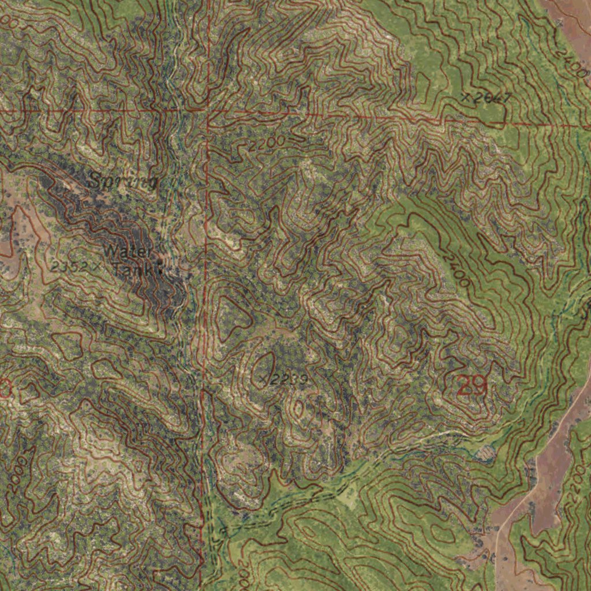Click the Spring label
(x=122, y=181)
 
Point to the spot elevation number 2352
(x=68, y=267)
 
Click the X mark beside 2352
(x=95, y=266)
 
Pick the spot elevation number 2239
(x=290, y=379)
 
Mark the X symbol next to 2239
(x=263, y=379)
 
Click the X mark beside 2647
(x=466, y=98)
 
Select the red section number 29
(x=472, y=385)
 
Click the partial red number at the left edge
(x=5, y=389)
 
